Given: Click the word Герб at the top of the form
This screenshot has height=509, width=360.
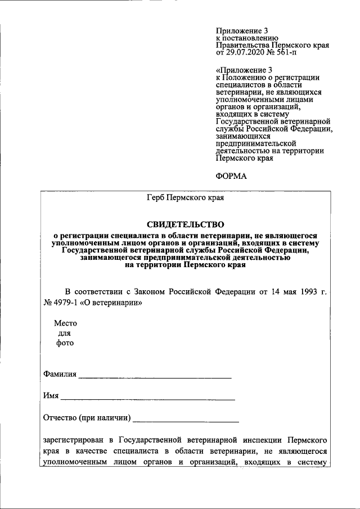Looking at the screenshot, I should pos(157,197).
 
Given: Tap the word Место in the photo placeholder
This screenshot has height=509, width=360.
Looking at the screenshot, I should pos(65,323).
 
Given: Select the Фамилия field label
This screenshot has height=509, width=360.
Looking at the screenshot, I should pos(59,375).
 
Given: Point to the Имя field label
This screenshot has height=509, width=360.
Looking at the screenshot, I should pos(51,396).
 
